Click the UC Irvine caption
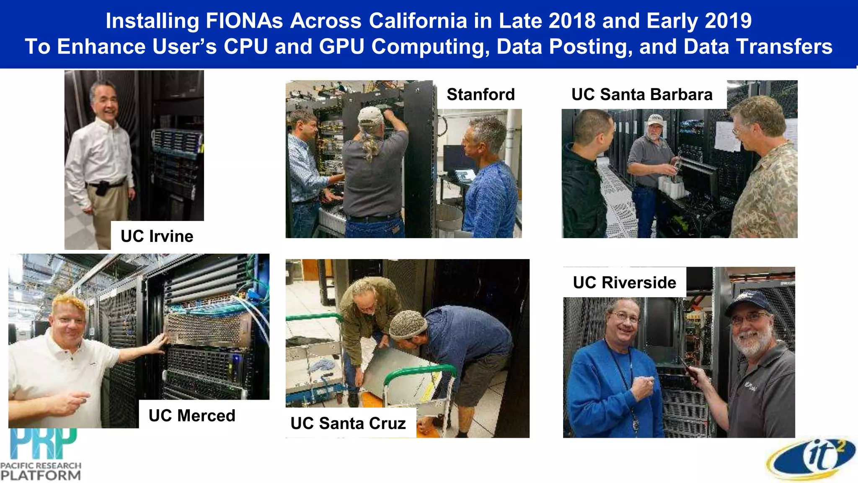(157, 236)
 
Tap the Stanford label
(481, 94)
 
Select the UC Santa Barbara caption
(641, 94)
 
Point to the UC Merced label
(192, 415)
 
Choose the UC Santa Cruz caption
(348, 423)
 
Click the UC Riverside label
(624, 283)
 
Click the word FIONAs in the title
(244, 21)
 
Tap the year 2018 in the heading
(571, 21)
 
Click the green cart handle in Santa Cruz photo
(419, 371)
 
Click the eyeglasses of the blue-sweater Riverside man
(624, 317)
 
